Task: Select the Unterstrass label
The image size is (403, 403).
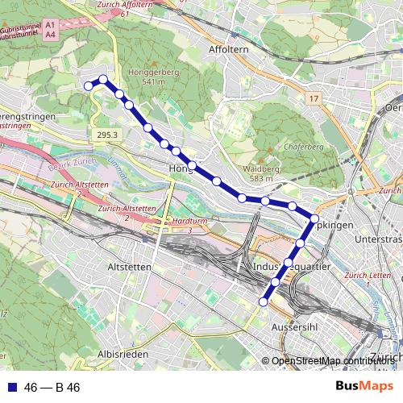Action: (x=378, y=239)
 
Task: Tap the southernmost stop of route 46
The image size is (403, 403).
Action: (x=263, y=301)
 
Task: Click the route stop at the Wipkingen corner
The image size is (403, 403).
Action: (x=314, y=219)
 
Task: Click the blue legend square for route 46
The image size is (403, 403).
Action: (x=10, y=388)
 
